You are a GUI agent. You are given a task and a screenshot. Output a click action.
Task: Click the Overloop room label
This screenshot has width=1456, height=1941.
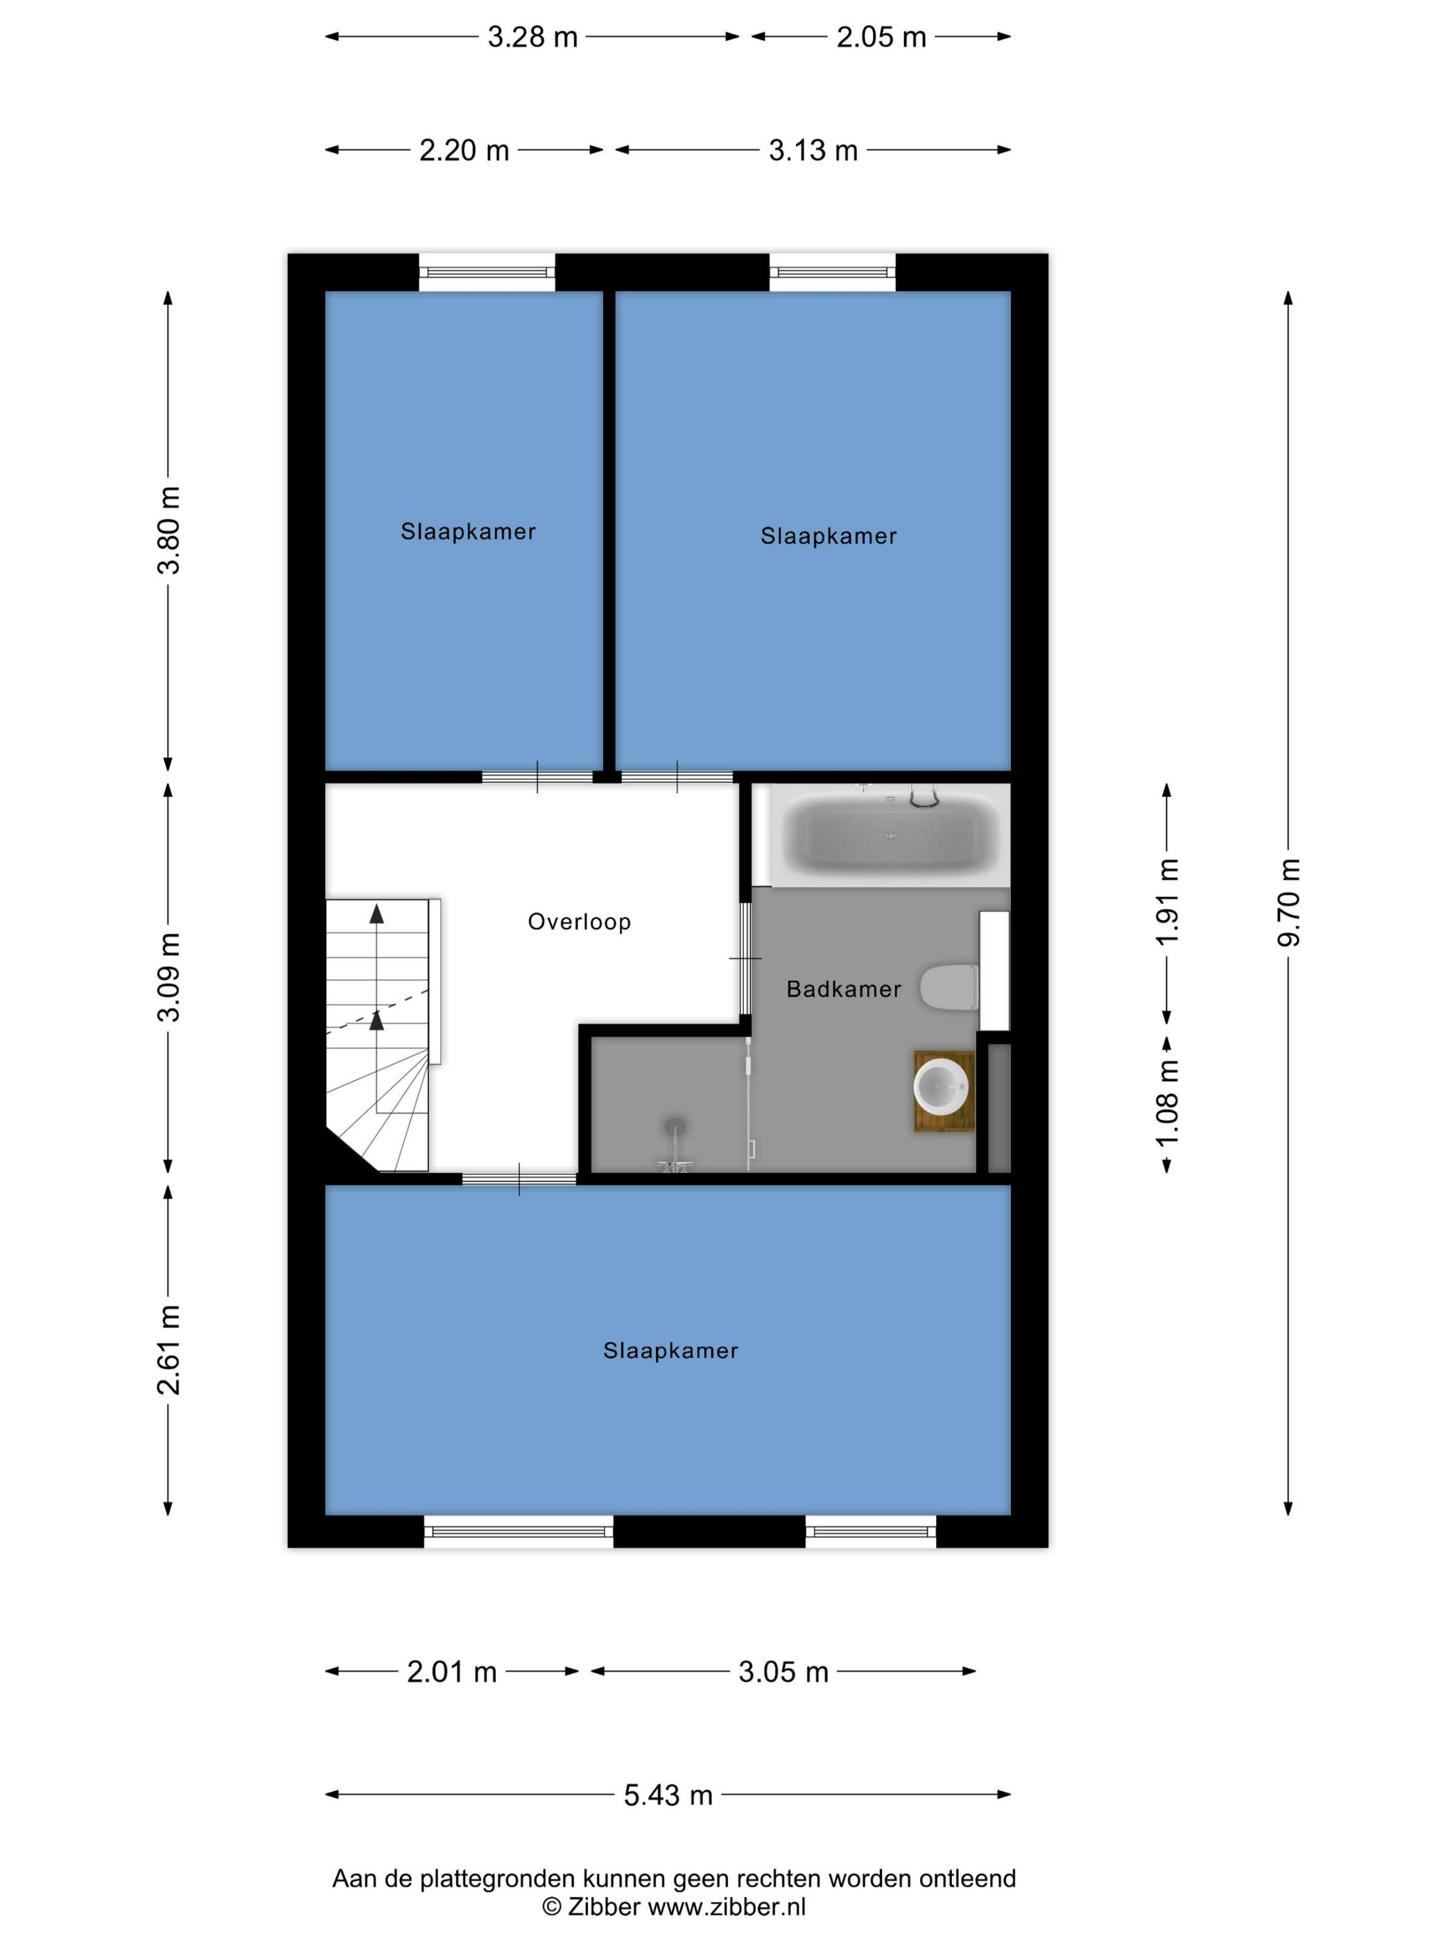pos(579,921)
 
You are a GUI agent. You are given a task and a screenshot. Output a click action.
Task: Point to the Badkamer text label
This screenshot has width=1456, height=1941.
pos(843,989)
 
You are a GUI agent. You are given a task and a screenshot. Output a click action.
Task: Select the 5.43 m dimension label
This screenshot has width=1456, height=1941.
pos(668,1795)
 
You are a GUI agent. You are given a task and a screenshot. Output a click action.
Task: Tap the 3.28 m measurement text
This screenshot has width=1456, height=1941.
pos(532,37)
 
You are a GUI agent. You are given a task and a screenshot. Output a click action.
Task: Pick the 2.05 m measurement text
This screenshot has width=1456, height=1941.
pos(881,37)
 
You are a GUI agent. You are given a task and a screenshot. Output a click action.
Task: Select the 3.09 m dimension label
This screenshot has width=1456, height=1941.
pos(168,977)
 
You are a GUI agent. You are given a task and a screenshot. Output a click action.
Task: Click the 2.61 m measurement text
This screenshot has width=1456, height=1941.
pos(168,1350)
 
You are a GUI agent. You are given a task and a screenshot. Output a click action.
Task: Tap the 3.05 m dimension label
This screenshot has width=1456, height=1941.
pos(783,1671)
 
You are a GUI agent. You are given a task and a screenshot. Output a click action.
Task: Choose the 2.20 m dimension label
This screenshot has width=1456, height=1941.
pos(465,150)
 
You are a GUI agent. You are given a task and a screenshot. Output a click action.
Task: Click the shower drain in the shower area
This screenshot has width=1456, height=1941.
pos(675,1124)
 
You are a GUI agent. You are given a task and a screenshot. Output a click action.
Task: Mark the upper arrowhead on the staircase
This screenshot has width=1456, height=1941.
pos(376,914)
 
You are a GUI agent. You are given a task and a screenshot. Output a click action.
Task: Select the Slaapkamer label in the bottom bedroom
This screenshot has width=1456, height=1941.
pos(670,1350)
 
